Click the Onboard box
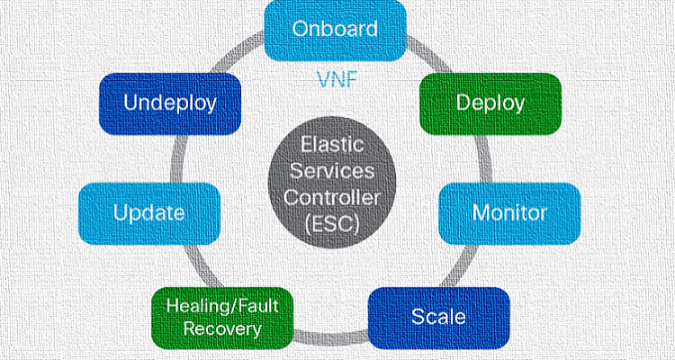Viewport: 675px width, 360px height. tap(335, 30)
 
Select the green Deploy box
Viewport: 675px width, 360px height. tap(490, 103)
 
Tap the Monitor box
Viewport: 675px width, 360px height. tap(509, 213)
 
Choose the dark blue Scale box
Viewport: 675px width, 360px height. tap(438, 318)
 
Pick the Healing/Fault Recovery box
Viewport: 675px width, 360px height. tap(222, 318)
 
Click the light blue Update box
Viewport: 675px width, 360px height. tap(149, 213)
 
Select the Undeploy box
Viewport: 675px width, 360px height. tap(170, 103)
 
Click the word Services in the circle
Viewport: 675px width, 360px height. tap(331, 172)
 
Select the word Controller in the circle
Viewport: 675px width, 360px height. tap(332, 198)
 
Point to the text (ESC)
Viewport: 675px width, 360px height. tap(331, 225)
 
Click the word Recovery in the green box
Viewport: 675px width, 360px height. tap(222, 330)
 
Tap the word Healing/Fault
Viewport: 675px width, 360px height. tap(222, 306)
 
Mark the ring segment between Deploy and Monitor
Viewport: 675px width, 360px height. tap(486, 158)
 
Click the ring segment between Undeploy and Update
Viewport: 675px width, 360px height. tap(176, 158)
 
